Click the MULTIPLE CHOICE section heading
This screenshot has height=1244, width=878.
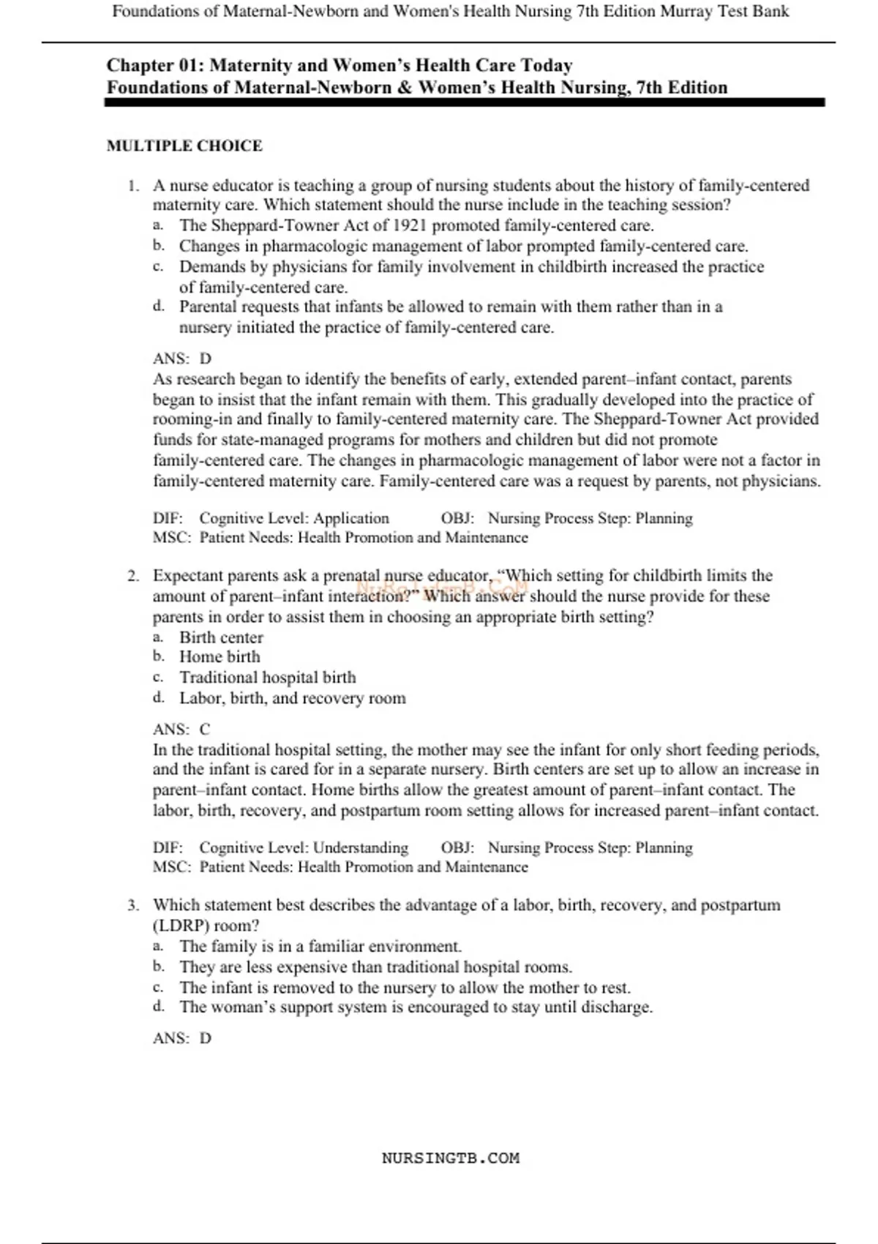pos(184,146)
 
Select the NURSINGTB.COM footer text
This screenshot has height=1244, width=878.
pos(450,1158)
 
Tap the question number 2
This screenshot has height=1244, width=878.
pos(132,576)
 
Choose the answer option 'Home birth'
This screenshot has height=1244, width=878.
pos(219,657)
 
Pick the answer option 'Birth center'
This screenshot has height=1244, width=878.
pos(221,637)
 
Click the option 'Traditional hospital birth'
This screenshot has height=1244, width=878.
pos(268,678)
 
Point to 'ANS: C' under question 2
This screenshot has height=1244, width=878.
pos(181,730)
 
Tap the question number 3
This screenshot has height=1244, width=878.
pos(132,905)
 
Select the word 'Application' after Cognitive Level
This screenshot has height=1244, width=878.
pos(351,518)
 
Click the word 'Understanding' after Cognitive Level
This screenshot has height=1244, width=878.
pos(361,847)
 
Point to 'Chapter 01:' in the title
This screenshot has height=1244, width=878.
pos(155,65)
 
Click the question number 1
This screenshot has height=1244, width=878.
pos(132,186)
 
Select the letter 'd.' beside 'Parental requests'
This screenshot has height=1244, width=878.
pos(159,306)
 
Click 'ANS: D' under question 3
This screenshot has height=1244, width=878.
pos(181,1038)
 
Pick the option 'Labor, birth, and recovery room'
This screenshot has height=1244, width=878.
pos(293,698)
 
